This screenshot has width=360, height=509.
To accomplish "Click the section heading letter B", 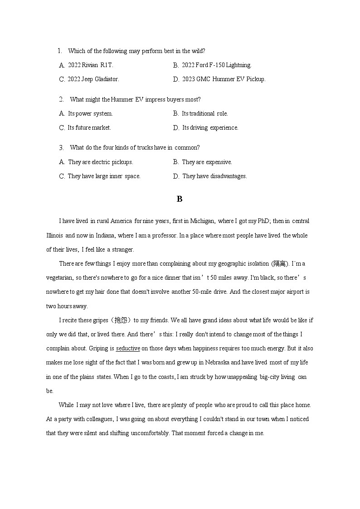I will pyautogui.click(x=180, y=199).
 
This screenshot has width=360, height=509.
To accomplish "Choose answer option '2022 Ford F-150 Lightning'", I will pyautogui.click(x=216, y=65).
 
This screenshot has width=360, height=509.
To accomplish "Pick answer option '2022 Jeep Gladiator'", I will pyautogui.click(x=93, y=79).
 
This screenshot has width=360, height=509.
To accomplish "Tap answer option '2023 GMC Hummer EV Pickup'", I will pyautogui.click(x=224, y=79).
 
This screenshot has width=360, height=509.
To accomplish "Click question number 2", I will pyautogui.click(x=61, y=99).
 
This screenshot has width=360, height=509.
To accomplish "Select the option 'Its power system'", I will pyautogui.click(x=90, y=114).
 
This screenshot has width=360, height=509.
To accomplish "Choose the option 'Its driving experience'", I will pyautogui.click(x=210, y=128).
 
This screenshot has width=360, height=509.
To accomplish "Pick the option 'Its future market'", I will pyautogui.click(x=89, y=128).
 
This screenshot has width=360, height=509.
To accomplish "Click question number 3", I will pyautogui.click(x=61, y=147).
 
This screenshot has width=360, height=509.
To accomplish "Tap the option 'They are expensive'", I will pyautogui.click(x=207, y=162).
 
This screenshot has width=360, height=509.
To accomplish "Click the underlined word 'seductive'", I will pyautogui.click(x=128, y=349).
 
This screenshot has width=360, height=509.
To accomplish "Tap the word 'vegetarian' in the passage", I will pyautogui.click(x=60, y=278).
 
